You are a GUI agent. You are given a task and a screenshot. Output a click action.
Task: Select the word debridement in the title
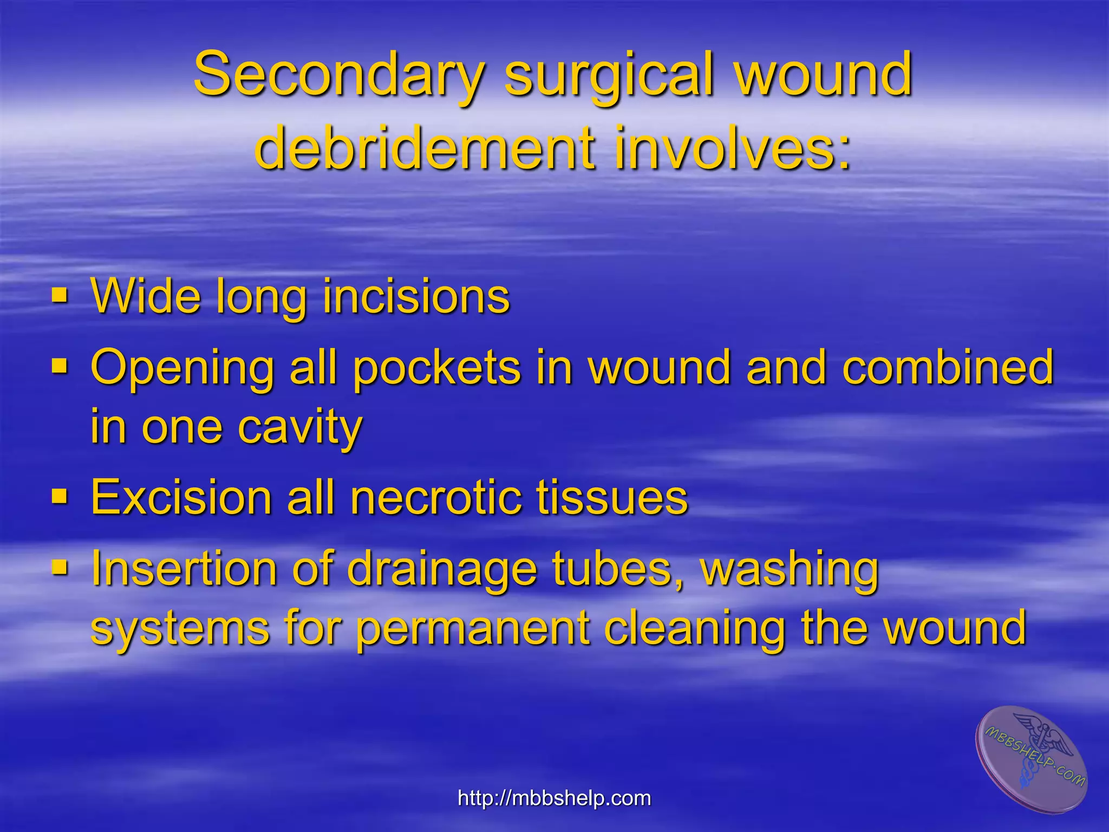point(423,147)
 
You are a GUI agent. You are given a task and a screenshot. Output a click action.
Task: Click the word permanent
point(472,629)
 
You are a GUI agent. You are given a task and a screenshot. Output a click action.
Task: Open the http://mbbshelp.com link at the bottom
point(554,798)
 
